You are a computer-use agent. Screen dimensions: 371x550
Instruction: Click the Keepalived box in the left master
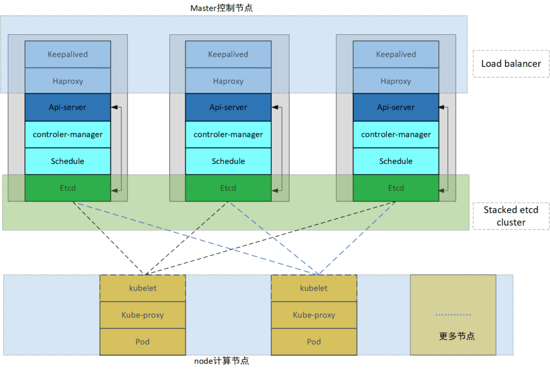[68, 54]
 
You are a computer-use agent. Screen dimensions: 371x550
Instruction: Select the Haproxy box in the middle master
[228, 81]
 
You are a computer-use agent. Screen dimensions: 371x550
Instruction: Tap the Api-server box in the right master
[396, 107]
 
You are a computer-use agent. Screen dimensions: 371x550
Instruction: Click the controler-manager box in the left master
[68, 134]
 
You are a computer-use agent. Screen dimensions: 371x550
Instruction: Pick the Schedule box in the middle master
[228, 161]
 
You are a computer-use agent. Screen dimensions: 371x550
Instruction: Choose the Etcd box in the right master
[396, 188]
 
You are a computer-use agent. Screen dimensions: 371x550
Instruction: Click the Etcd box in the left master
[68, 188]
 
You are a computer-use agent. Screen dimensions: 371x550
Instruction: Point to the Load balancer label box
[511, 64]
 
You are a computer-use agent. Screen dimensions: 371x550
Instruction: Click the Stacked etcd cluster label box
[511, 216]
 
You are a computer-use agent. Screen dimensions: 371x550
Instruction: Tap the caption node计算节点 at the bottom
[221, 361]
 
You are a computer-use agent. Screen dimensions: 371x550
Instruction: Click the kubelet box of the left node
[143, 288]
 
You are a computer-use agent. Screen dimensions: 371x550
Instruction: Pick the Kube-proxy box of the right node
[314, 315]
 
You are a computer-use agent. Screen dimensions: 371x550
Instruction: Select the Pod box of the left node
[143, 342]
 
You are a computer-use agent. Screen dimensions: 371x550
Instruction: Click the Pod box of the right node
[314, 342]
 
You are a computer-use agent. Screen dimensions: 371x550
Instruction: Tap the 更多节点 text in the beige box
[457, 337]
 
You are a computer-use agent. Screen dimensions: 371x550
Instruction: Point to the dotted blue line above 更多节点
[453, 315]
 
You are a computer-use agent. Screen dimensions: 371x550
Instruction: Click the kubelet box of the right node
[314, 288]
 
